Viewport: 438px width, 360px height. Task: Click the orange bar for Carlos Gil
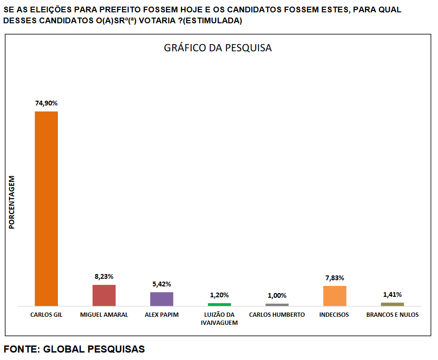click(x=47, y=208)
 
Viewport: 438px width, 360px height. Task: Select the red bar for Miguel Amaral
click(x=104, y=295)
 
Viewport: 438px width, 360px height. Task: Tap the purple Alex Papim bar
click(x=162, y=299)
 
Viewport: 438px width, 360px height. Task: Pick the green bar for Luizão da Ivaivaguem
click(x=219, y=304)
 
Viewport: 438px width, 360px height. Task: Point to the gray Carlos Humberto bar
click(x=277, y=304)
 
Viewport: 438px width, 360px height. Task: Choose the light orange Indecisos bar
click(x=335, y=295)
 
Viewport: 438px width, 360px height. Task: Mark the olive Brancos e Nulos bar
click(x=392, y=304)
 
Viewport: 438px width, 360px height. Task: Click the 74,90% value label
click(x=47, y=103)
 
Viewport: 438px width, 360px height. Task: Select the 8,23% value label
click(x=104, y=276)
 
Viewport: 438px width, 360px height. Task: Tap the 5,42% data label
click(x=162, y=284)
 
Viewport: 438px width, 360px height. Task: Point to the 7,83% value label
click(x=335, y=278)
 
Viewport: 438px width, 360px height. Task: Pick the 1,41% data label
click(x=392, y=294)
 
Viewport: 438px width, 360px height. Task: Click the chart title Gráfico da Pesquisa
click(x=218, y=48)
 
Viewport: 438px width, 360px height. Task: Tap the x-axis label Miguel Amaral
click(x=104, y=315)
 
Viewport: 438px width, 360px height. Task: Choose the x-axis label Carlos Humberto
click(x=277, y=315)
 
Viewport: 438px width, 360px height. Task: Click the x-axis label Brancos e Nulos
click(x=392, y=315)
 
